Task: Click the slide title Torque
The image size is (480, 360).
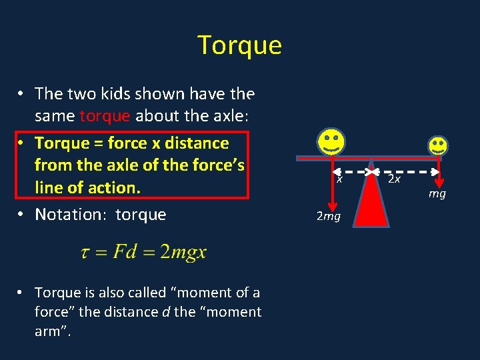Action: pos(240,45)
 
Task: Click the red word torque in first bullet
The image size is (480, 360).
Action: pos(105,116)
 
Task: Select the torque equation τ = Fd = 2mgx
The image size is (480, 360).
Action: pos(143,253)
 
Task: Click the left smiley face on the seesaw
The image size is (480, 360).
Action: pos(331,142)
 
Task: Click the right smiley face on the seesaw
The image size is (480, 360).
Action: pos(438,145)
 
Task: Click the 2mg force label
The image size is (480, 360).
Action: pos(329,217)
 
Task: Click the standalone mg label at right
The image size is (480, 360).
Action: pos(437,194)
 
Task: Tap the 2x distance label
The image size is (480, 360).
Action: pos(395,179)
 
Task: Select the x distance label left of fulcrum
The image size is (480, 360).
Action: pos(339,179)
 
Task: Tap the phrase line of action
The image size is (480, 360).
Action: pos(87,187)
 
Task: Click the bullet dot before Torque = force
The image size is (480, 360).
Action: pos(21,143)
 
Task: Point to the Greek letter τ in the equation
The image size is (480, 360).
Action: pos(85,253)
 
